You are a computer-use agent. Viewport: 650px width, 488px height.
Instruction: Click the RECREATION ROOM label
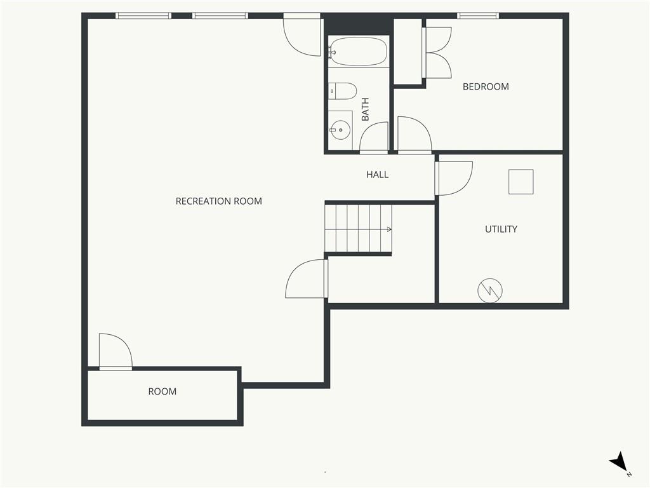click(218, 201)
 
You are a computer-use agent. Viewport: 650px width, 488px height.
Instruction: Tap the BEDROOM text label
click(486, 86)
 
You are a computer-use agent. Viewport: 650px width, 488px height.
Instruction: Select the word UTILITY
click(501, 229)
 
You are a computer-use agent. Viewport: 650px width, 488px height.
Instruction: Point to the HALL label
click(377, 175)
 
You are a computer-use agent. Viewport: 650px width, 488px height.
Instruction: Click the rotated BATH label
click(365, 109)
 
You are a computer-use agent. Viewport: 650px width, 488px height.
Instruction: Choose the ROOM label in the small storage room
click(162, 391)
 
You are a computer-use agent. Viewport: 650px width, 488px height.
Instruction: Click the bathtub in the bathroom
click(358, 52)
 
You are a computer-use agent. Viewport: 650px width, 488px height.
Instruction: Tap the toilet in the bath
click(342, 91)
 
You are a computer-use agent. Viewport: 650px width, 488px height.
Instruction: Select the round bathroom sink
click(340, 130)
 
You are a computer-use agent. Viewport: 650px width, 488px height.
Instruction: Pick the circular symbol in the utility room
click(490, 290)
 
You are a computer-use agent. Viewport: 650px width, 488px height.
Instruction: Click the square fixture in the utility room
click(521, 182)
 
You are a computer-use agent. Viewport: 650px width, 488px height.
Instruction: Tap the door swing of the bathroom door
click(374, 137)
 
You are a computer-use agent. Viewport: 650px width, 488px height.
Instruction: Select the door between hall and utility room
click(453, 179)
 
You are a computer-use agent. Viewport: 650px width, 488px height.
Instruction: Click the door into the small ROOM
click(116, 351)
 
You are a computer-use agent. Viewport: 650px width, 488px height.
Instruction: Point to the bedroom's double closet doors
click(437, 53)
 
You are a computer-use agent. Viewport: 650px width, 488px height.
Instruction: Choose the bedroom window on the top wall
click(478, 16)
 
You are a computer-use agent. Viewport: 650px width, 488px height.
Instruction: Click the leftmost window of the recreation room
click(143, 16)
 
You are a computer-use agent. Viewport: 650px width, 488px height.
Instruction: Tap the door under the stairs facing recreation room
click(307, 279)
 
